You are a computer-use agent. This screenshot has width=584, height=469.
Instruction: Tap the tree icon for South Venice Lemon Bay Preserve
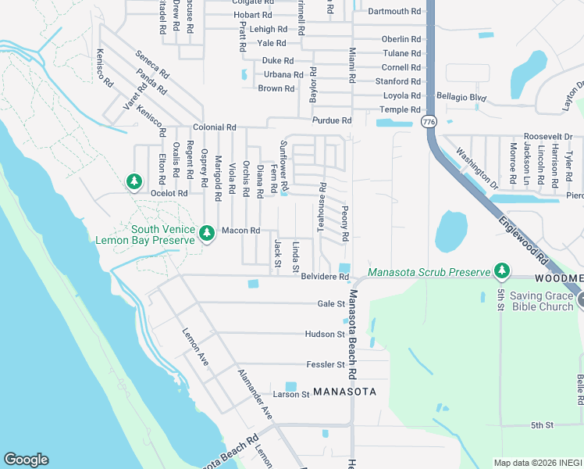click(207, 234)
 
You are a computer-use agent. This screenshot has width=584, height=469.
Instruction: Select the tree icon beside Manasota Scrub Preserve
click(503, 271)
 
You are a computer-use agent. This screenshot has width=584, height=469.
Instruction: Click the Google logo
click(26, 460)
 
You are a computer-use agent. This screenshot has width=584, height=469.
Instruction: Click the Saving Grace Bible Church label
click(543, 299)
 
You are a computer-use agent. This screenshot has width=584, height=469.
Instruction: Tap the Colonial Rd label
click(215, 127)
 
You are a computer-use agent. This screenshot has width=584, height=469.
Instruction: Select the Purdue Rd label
click(332, 121)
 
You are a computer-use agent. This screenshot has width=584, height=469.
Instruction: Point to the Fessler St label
click(326, 365)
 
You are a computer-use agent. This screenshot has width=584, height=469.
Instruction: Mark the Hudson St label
click(326, 335)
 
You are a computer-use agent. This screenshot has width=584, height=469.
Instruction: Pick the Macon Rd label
click(240, 231)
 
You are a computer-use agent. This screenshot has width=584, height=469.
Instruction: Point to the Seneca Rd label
click(152, 64)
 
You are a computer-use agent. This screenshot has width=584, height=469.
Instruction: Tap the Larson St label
click(291, 395)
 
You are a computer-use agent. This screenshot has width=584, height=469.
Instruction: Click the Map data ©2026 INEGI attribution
click(538, 462)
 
